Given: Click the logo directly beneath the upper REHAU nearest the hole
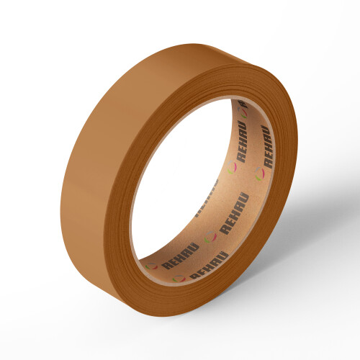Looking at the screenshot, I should [x=232, y=170].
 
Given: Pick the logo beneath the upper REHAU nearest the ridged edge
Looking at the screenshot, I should [x=258, y=173].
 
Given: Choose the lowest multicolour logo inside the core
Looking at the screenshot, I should [x=178, y=279].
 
